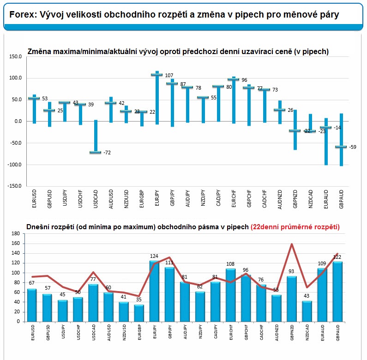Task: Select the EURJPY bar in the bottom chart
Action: (154, 291)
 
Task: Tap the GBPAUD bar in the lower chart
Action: (337, 292)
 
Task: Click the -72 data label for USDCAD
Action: (107, 153)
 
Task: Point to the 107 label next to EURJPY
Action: (169, 75)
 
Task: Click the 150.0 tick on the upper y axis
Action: (15, 56)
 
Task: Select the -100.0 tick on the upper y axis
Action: (14, 165)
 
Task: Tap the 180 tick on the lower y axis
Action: (15, 233)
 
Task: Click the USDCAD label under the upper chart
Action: (96, 199)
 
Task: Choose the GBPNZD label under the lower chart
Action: (292, 332)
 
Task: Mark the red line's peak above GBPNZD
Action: (292, 244)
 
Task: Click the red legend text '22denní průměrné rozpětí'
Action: (295, 227)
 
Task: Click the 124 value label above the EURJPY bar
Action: (154, 256)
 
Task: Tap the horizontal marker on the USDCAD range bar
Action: (96, 153)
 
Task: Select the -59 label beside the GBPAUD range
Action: (353, 147)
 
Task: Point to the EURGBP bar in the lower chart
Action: (139, 313)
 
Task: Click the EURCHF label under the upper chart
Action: (234, 199)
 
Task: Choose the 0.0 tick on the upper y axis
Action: (18, 121)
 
